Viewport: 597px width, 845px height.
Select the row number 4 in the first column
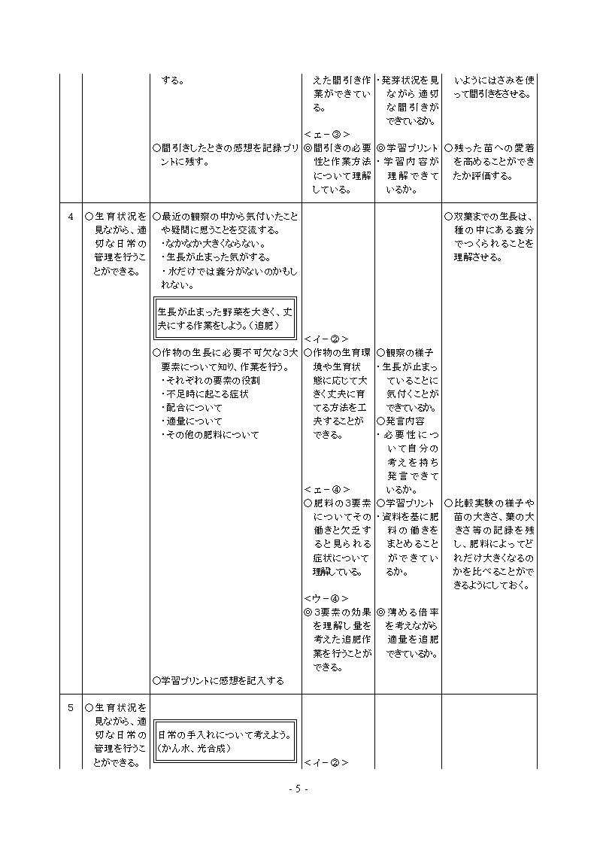[x=71, y=217]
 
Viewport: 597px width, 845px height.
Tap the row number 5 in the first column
[x=71, y=708]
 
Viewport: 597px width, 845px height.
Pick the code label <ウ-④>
[x=326, y=599]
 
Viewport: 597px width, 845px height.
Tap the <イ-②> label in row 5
[x=326, y=762]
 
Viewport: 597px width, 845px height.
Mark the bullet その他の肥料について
[x=210, y=435]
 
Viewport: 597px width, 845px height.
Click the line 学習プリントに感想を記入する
[x=218, y=681]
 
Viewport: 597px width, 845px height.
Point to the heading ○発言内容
[x=400, y=421]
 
